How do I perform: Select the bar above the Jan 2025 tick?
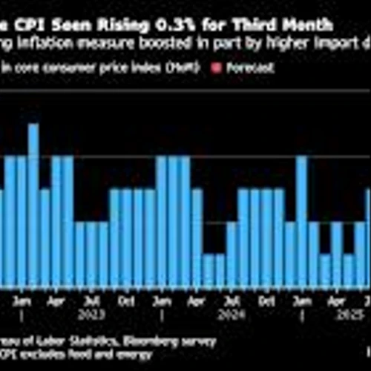(x=302, y=223)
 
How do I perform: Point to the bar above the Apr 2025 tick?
(x=336, y=255)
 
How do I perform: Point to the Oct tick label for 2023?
(x=127, y=302)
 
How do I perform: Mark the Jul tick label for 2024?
(x=232, y=302)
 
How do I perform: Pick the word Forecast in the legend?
(x=237, y=68)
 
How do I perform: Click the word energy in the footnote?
(x=119, y=355)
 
